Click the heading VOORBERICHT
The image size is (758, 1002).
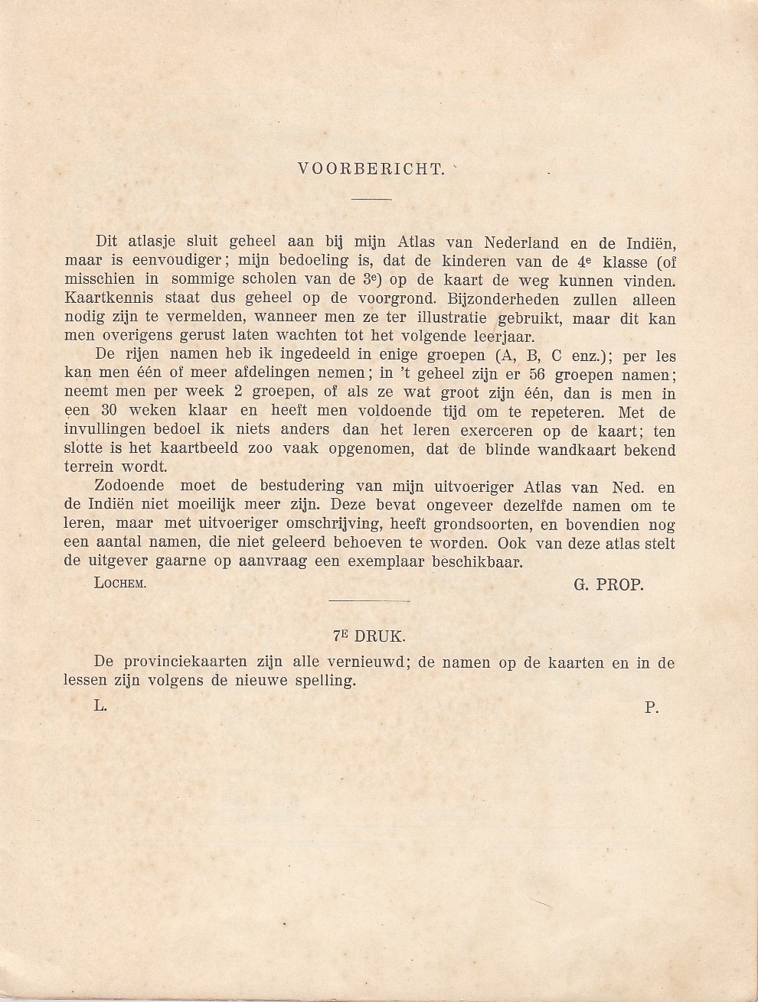(x=371, y=169)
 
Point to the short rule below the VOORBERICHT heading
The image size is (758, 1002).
(x=371, y=200)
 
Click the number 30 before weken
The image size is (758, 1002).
(x=109, y=412)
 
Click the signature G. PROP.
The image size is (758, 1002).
(x=608, y=584)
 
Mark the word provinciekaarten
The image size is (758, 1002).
(x=189, y=662)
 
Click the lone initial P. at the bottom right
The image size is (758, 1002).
(x=652, y=708)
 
